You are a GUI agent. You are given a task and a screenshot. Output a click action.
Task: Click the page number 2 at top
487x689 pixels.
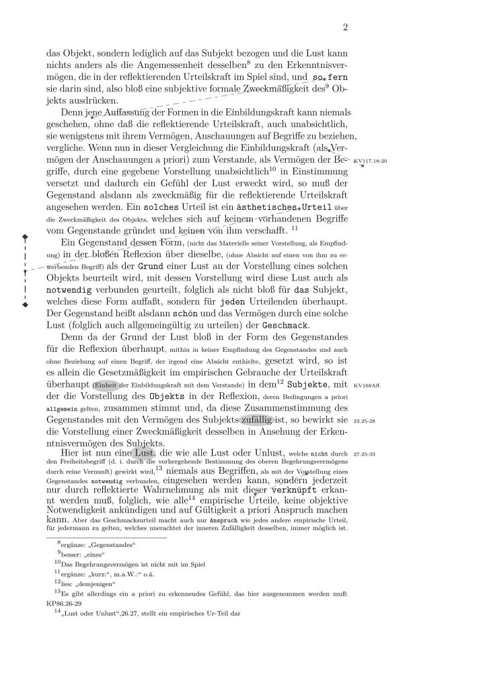click(345, 28)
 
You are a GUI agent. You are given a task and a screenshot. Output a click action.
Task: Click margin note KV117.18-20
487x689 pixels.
click(370, 162)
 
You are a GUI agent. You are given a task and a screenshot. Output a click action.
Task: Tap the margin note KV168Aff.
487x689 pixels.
click(367, 385)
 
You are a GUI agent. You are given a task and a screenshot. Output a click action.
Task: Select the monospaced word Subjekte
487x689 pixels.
click(307, 385)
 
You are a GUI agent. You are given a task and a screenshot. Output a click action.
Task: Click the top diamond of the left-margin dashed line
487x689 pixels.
click(25, 236)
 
